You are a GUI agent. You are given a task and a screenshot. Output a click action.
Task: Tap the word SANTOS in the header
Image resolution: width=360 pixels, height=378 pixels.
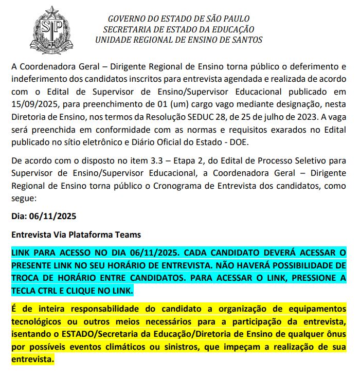(246, 40)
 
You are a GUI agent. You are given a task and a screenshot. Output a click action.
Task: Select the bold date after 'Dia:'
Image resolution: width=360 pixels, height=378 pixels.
(53, 216)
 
